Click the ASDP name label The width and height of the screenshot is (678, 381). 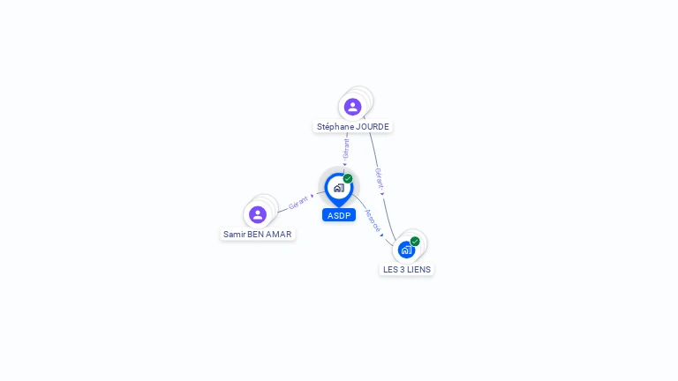coord(339,215)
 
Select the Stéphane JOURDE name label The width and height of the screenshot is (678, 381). coord(352,127)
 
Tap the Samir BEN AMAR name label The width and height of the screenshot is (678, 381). coord(257,235)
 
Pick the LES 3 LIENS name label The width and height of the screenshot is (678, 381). coord(407,269)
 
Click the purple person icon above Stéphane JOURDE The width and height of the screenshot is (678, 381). coord(352,107)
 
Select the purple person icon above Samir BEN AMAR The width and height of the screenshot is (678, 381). coord(258,214)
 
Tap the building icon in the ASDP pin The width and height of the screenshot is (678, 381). coord(338,187)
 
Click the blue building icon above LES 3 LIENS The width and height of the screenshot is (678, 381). coord(406,250)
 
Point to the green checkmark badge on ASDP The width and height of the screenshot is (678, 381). coord(348,178)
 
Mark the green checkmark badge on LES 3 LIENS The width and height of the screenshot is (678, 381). coord(415,241)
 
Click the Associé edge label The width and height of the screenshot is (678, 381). coord(373,220)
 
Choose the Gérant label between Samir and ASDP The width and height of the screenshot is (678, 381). coord(298,202)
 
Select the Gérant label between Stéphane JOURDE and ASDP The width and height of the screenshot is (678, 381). coord(346,148)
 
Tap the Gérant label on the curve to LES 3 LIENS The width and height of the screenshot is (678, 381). coord(379,179)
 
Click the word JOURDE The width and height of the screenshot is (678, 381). coord(373,127)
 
